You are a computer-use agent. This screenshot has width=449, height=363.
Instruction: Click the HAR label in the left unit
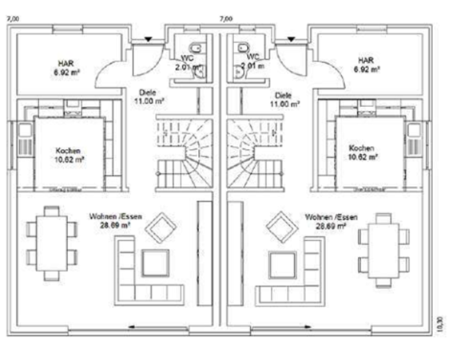[65, 61]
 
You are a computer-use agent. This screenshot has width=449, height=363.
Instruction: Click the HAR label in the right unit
[366, 61]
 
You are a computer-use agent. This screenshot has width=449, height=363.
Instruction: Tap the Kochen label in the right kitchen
[362, 149]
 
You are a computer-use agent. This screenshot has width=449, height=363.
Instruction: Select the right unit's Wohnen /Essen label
[329, 217]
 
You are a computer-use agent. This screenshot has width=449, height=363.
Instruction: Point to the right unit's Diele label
[284, 93]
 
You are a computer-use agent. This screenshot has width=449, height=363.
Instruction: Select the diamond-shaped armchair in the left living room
[164, 227]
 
